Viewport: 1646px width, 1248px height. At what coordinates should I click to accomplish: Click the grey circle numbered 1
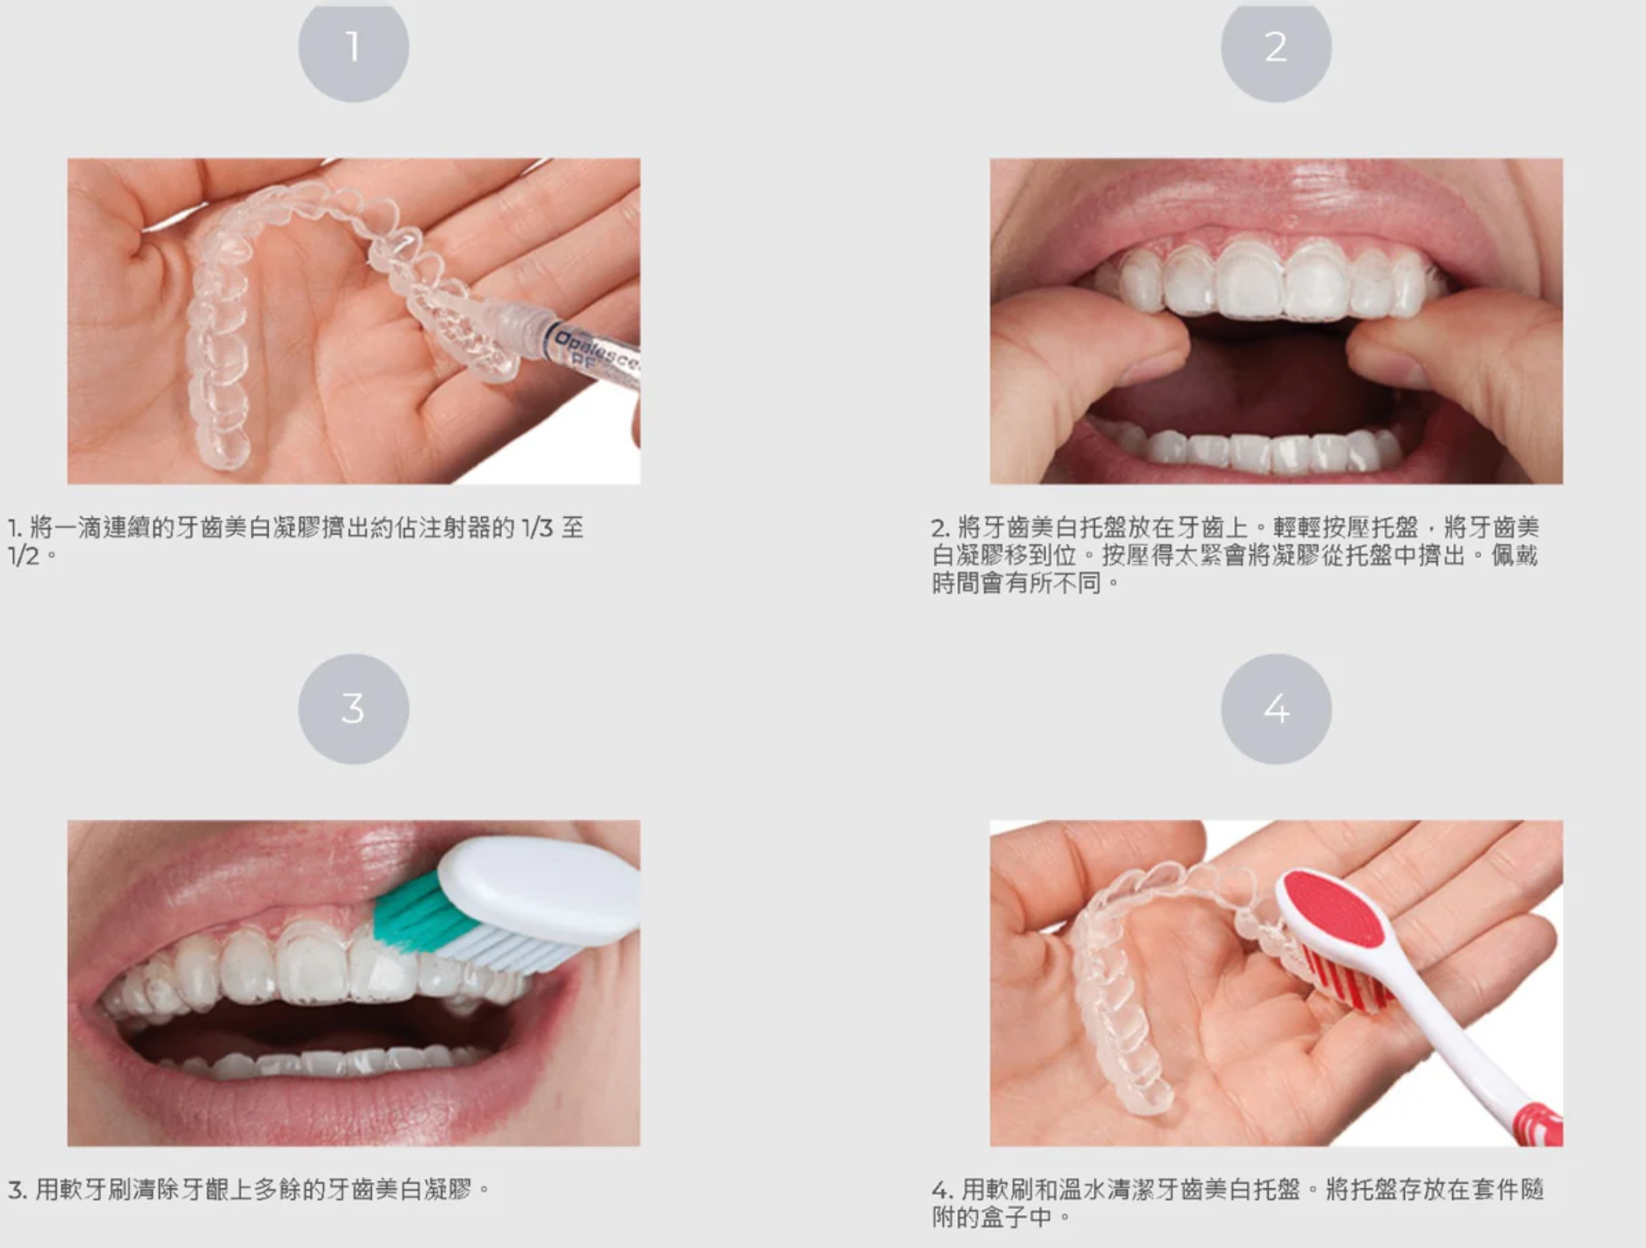click(x=353, y=47)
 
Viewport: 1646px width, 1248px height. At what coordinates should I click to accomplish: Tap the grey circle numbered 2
click(x=1276, y=47)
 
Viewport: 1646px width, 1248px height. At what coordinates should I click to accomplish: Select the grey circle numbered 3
click(x=353, y=708)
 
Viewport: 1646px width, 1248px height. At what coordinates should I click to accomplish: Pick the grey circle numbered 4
click(x=1276, y=708)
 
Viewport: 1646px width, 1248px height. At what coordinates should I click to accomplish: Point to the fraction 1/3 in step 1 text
click(x=536, y=528)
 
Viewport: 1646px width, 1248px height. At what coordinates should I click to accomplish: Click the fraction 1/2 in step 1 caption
click(x=23, y=556)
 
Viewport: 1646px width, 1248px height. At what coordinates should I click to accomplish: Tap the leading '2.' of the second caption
click(x=940, y=528)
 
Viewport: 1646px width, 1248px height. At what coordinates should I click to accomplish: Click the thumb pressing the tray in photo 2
click(x=1102, y=345)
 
